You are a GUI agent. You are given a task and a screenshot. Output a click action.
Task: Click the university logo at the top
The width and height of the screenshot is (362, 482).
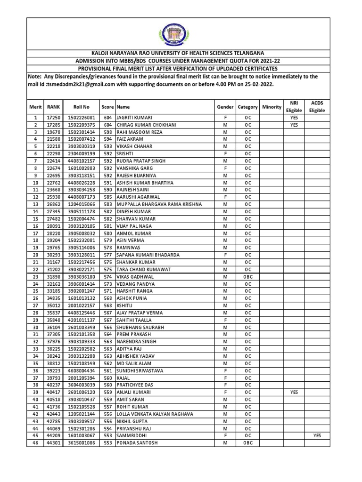(x=181, y=33)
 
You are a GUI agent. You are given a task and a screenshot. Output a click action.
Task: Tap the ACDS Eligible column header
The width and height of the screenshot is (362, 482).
(x=317, y=106)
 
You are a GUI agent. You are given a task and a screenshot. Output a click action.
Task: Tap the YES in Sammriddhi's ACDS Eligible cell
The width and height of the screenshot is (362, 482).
(x=317, y=436)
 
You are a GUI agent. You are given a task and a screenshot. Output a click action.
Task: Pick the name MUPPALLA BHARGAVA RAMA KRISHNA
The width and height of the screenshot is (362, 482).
(x=159, y=205)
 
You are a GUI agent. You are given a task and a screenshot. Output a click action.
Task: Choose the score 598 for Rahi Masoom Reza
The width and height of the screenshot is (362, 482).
(x=107, y=132)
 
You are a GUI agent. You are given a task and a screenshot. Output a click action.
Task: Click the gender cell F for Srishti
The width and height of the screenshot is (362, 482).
(x=225, y=154)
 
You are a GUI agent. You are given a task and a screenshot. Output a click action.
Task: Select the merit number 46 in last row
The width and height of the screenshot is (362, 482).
(x=35, y=443)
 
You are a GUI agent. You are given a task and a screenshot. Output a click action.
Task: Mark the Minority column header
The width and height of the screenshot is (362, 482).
(x=271, y=107)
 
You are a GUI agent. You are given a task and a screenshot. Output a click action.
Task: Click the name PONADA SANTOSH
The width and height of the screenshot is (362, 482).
(x=137, y=443)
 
